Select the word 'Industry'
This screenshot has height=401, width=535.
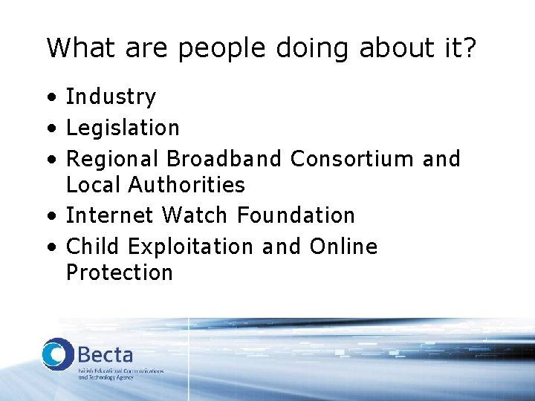click(x=111, y=97)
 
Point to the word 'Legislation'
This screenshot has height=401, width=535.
click(x=123, y=128)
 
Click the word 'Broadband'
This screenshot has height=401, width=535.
click(x=224, y=158)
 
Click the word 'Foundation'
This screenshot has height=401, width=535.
click(x=296, y=215)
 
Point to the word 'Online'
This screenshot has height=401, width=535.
click(x=343, y=246)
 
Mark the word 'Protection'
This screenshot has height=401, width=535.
click(x=120, y=273)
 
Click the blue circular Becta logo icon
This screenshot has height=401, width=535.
click(x=56, y=353)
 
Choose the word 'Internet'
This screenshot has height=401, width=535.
click(x=110, y=215)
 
